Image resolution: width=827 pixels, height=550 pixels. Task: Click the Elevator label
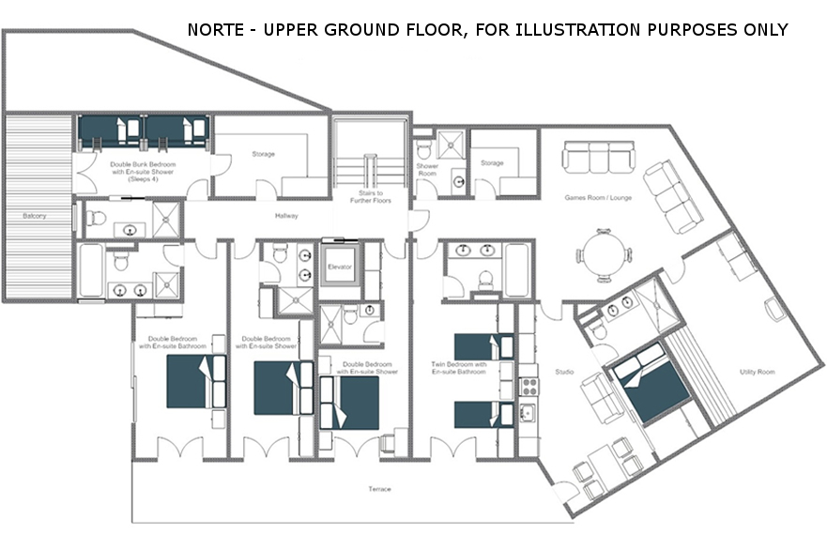point(339,267)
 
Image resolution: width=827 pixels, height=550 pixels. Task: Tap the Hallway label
point(286,216)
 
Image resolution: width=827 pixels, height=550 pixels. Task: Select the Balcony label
point(35,216)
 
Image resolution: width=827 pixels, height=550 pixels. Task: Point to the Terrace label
point(380,489)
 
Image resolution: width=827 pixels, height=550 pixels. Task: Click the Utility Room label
point(758,372)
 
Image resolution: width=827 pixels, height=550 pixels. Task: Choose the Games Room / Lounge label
point(598,198)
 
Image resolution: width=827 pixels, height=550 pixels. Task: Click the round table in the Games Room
point(603,256)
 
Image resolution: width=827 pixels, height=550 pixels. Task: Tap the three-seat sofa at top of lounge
point(599,157)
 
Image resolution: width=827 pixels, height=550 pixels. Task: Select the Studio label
point(564,372)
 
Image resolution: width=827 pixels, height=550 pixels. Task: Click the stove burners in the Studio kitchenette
point(529,386)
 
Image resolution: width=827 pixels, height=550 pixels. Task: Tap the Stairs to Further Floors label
point(370,197)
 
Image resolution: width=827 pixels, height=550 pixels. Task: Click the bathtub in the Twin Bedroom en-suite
point(516,270)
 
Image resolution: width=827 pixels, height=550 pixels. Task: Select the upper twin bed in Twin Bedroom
point(483,346)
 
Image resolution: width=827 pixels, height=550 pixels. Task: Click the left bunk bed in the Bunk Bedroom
point(110,131)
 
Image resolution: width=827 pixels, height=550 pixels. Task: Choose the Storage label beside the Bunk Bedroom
point(263,154)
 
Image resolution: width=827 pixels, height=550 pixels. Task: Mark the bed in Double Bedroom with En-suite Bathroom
point(196,381)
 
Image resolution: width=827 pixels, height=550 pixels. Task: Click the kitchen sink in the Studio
point(528,413)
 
